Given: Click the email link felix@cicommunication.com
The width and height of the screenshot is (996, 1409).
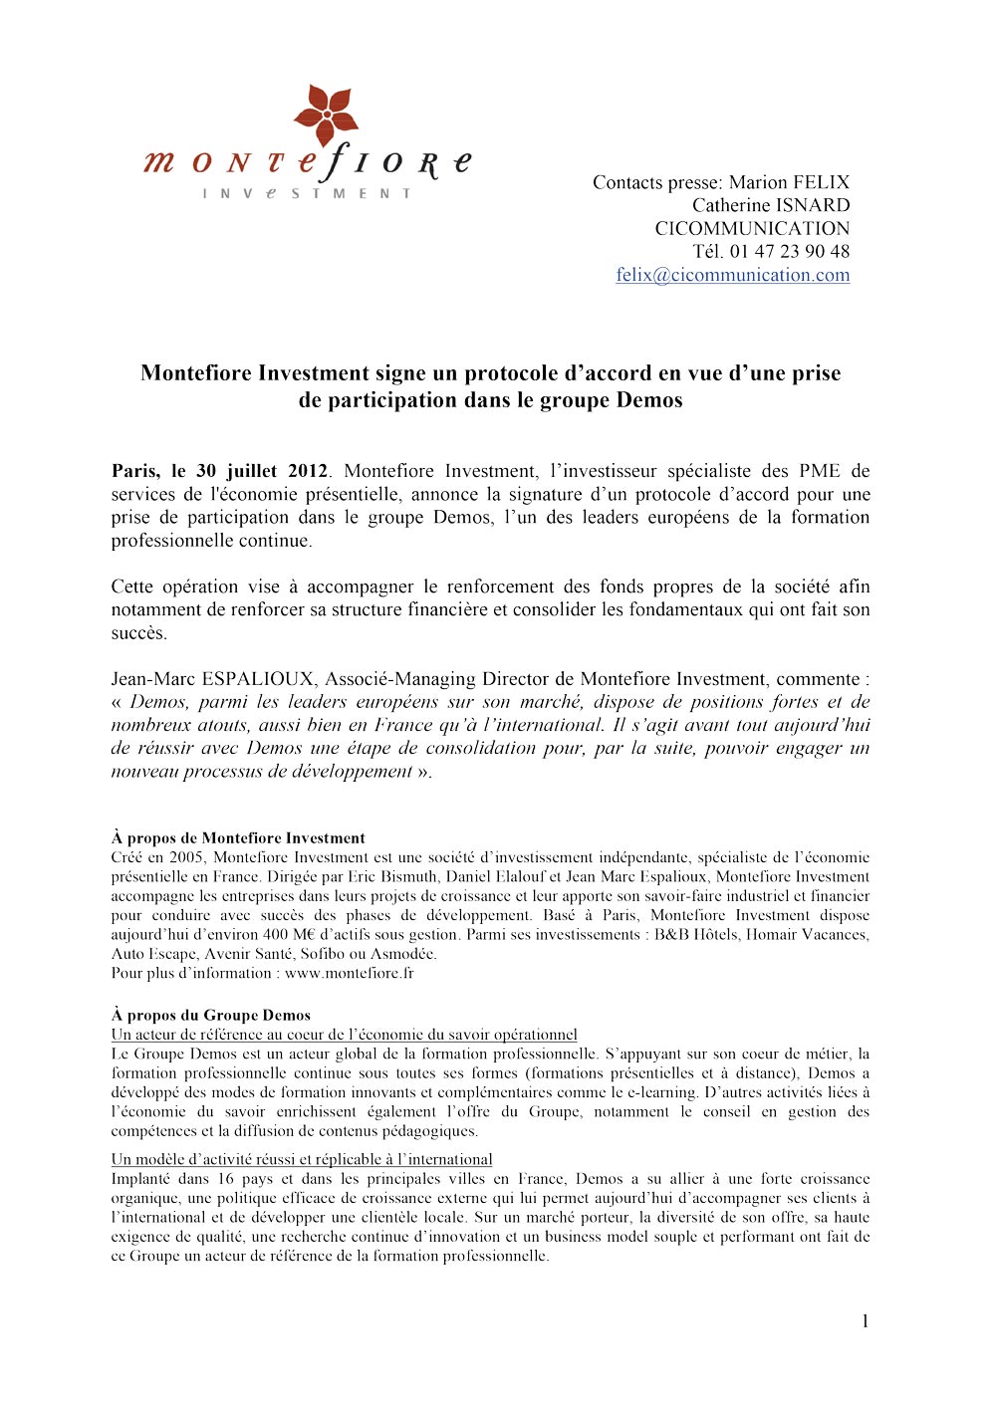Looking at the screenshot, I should coord(732,276).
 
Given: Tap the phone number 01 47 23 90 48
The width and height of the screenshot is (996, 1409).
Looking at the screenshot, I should coord(789,252).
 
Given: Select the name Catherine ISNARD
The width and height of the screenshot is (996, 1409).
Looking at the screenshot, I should coord(771,206).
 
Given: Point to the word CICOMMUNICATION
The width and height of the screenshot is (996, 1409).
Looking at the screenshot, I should coord(752,229).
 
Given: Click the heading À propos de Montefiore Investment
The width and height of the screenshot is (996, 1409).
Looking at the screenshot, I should coord(238,838).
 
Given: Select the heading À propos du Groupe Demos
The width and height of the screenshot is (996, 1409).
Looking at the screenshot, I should coord(211,1016).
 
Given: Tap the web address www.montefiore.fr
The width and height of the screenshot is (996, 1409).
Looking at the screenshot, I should coord(349,974).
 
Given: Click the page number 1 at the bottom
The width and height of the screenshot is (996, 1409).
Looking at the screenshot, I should coord(865,1321).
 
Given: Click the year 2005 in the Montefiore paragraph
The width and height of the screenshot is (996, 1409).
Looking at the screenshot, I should coord(184,857).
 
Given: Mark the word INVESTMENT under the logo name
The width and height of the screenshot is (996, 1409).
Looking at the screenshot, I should coord(307,193).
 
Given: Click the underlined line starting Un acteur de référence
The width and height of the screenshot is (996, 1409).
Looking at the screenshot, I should coord(344,1035).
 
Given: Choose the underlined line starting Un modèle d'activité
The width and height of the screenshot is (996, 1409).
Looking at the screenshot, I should coord(302,1160).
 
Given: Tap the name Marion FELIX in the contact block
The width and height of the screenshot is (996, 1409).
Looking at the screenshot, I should coord(789,183).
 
